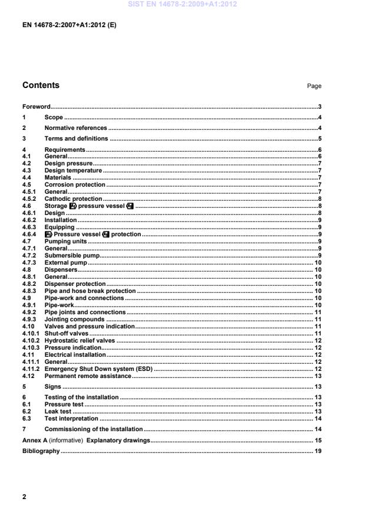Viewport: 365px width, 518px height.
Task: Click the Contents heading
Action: [x=41, y=86]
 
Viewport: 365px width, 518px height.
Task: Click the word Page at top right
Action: [x=314, y=86]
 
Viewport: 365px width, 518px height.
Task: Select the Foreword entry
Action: [x=36, y=107]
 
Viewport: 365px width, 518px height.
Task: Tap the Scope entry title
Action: [x=54, y=118]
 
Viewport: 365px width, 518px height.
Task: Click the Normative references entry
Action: [x=75, y=128]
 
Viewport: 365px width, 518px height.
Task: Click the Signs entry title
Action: [x=52, y=387]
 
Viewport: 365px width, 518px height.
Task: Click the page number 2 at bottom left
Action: [x=24, y=497]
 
